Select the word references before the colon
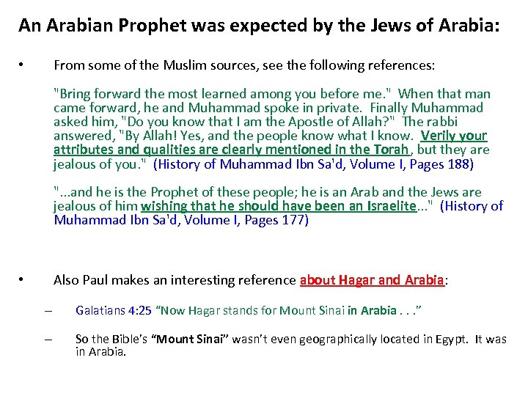pyautogui.click(x=400, y=65)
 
